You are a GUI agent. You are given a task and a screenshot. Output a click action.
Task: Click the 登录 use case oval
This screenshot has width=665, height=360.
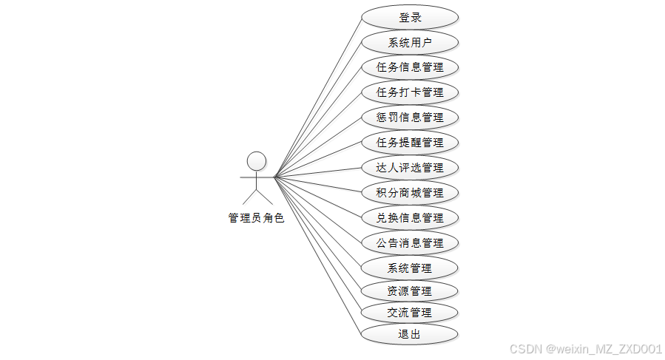[410, 18]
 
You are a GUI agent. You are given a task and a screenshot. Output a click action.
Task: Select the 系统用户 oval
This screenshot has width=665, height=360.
[410, 43]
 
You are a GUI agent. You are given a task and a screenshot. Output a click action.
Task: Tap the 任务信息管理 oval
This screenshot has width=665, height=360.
[410, 68]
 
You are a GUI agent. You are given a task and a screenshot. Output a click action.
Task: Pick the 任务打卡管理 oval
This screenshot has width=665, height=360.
[410, 92]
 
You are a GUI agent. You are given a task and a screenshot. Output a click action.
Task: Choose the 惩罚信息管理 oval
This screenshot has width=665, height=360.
[410, 118]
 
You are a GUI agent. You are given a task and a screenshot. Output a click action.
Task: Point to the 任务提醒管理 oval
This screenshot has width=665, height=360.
[410, 143]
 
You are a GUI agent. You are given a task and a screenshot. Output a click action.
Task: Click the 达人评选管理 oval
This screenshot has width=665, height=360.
[410, 168]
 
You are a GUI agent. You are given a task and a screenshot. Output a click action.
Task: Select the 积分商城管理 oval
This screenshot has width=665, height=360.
[410, 193]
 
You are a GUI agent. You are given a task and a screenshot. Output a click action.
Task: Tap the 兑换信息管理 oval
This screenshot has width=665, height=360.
[410, 218]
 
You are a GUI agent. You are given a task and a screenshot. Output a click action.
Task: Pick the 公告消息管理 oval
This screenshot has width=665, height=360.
[410, 242]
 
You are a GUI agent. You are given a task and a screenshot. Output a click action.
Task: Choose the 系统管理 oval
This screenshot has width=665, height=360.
[410, 268]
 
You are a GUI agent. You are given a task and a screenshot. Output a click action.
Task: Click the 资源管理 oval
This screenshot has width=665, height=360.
[410, 291]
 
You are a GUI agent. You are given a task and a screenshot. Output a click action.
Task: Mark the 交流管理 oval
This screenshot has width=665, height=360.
[410, 313]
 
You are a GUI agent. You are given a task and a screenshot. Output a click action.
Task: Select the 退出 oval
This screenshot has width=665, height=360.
[410, 334]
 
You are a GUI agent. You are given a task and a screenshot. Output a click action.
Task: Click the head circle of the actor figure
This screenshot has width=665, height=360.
[257, 161]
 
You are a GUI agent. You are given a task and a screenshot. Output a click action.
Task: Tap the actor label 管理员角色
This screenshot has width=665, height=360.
[256, 219]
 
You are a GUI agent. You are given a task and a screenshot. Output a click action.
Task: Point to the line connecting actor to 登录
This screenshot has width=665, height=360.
[318, 97]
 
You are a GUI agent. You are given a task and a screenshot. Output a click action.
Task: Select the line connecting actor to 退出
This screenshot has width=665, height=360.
[318, 256]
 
